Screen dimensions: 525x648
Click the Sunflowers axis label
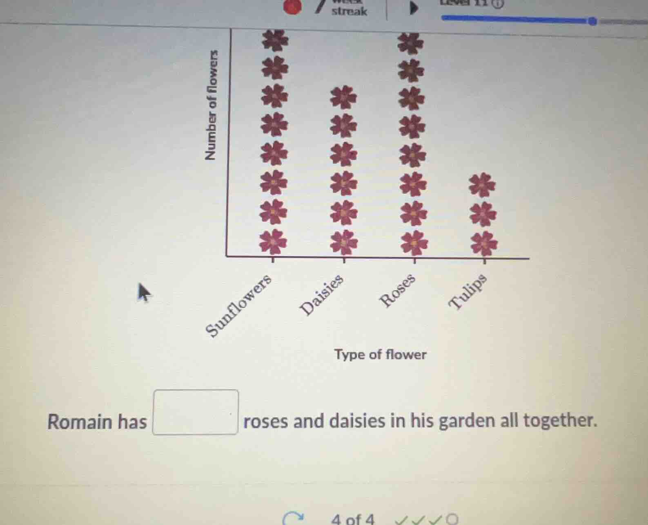[x=239, y=305]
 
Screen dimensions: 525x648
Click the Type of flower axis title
[x=380, y=354]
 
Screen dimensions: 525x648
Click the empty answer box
[x=196, y=412]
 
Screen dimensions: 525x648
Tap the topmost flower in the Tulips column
[x=482, y=184]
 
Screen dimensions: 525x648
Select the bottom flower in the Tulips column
[x=484, y=244]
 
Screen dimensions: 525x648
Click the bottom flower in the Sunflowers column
[x=273, y=242]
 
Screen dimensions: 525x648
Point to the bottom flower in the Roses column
[x=414, y=242]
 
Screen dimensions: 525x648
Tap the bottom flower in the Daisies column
[x=344, y=242]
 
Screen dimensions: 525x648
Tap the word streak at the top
[x=349, y=11]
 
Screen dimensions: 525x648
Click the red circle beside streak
[x=292, y=7]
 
